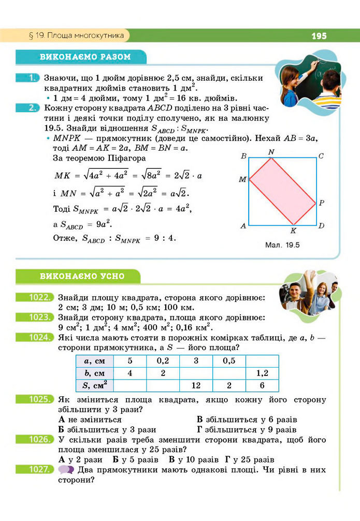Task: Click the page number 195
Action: coord(319,36)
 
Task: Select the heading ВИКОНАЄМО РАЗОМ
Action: coord(85,56)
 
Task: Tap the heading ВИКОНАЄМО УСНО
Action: coord(82,276)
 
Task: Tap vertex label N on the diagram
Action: coord(272,152)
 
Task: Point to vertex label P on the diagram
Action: coord(321,202)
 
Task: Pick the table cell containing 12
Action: coord(196,385)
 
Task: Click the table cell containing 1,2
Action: coord(262,373)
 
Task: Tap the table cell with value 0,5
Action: coord(228,360)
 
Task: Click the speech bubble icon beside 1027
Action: coord(66,470)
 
